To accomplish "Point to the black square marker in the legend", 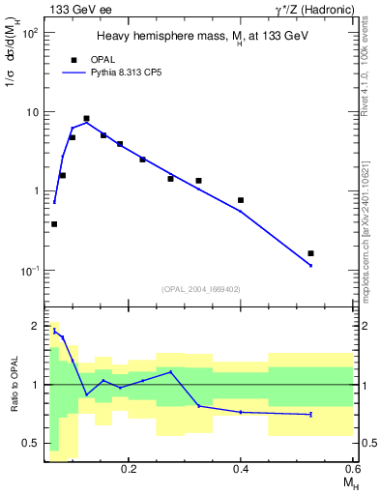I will (73, 60).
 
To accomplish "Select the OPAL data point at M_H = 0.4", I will (241, 200).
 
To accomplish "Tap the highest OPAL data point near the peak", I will (86, 119).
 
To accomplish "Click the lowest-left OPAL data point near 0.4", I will (54, 224).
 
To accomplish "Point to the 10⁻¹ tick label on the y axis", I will (28, 271).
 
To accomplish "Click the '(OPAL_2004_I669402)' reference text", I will (201, 288).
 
